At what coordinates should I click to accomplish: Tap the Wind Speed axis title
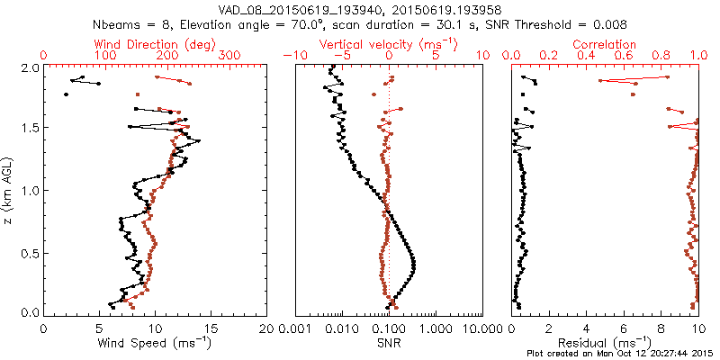click(x=156, y=343)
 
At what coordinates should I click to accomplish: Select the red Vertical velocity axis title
click(x=388, y=43)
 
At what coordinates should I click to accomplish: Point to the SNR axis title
click(x=388, y=343)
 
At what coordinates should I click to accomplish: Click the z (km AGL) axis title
click(x=8, y=189)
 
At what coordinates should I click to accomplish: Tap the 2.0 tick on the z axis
click(x=29, y=68)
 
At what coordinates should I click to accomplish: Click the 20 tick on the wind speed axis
click(x=266, y=328)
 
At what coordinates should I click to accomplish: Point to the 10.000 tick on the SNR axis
click(x=481, y=328)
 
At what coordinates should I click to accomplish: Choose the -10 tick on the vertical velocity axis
click(x=293, y=56)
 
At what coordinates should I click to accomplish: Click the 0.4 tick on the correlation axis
click(x=588, y=56)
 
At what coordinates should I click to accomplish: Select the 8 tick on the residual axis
click(x=661, y=328)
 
